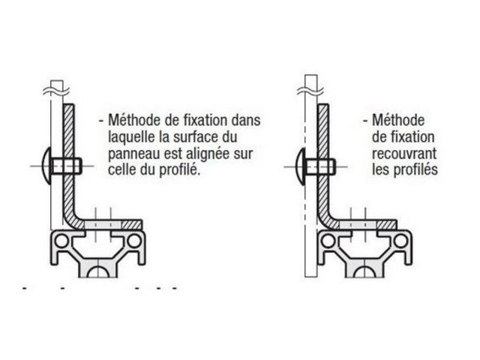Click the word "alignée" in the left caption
pyautogui.click(x=208, y=153)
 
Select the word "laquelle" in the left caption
pyautogui.click(x=131, y=137)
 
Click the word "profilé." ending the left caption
pyautogui.click(x=180, y=170)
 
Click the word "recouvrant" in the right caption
pyautogui.click(x=404, y=153)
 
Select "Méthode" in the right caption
pyautogui.click(x=398, y=120)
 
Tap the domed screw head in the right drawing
pyautogui.click(x=301, y=166)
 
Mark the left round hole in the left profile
pyautogui.click(x=61, y=241)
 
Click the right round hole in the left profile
pyautogui.click(x=134, y=241)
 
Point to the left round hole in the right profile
pyautogui.click(x=328, y=241)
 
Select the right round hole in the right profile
pyautogui.click(x=400, y=241)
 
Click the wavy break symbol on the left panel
pyautogui.click(x=56, y=91)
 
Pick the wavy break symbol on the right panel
pyautogui.click(x=310, y=91)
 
